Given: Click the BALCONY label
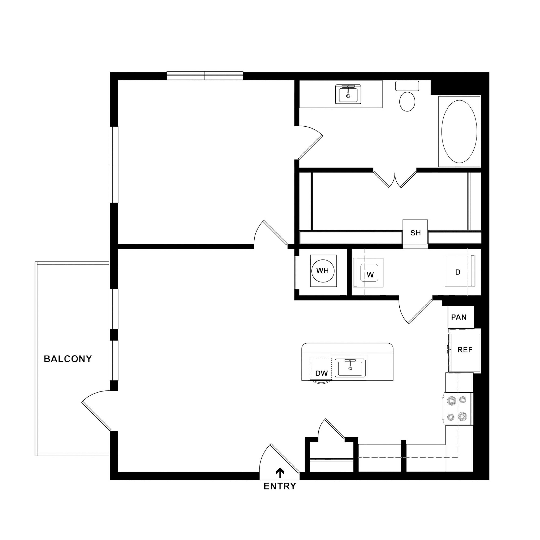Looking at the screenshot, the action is click(x=68, y=359).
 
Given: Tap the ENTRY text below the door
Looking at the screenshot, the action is click(x=280, y=487).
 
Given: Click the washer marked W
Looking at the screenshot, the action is click(x=369, y=273).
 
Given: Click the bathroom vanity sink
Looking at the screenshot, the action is click(x=348, y=94).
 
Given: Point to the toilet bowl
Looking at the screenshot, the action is click(x=407, y=102).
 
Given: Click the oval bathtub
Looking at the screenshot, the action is click(x=459, y=131).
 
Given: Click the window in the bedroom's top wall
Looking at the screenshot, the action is click(x=205, y=76).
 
